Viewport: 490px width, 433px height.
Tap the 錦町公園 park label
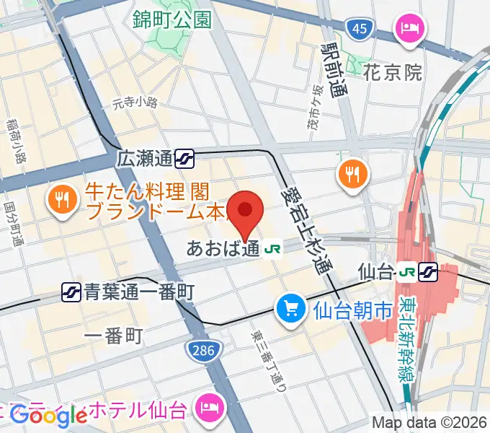[172, 19]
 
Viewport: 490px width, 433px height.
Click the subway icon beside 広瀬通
[184, 157]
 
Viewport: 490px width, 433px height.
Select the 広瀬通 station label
[145, 157]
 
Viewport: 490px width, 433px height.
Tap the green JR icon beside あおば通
[272, 249]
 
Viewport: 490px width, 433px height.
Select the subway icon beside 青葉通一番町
[71, 292]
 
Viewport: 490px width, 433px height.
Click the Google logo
[48, 414]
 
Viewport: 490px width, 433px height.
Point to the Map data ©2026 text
[429, 422]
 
